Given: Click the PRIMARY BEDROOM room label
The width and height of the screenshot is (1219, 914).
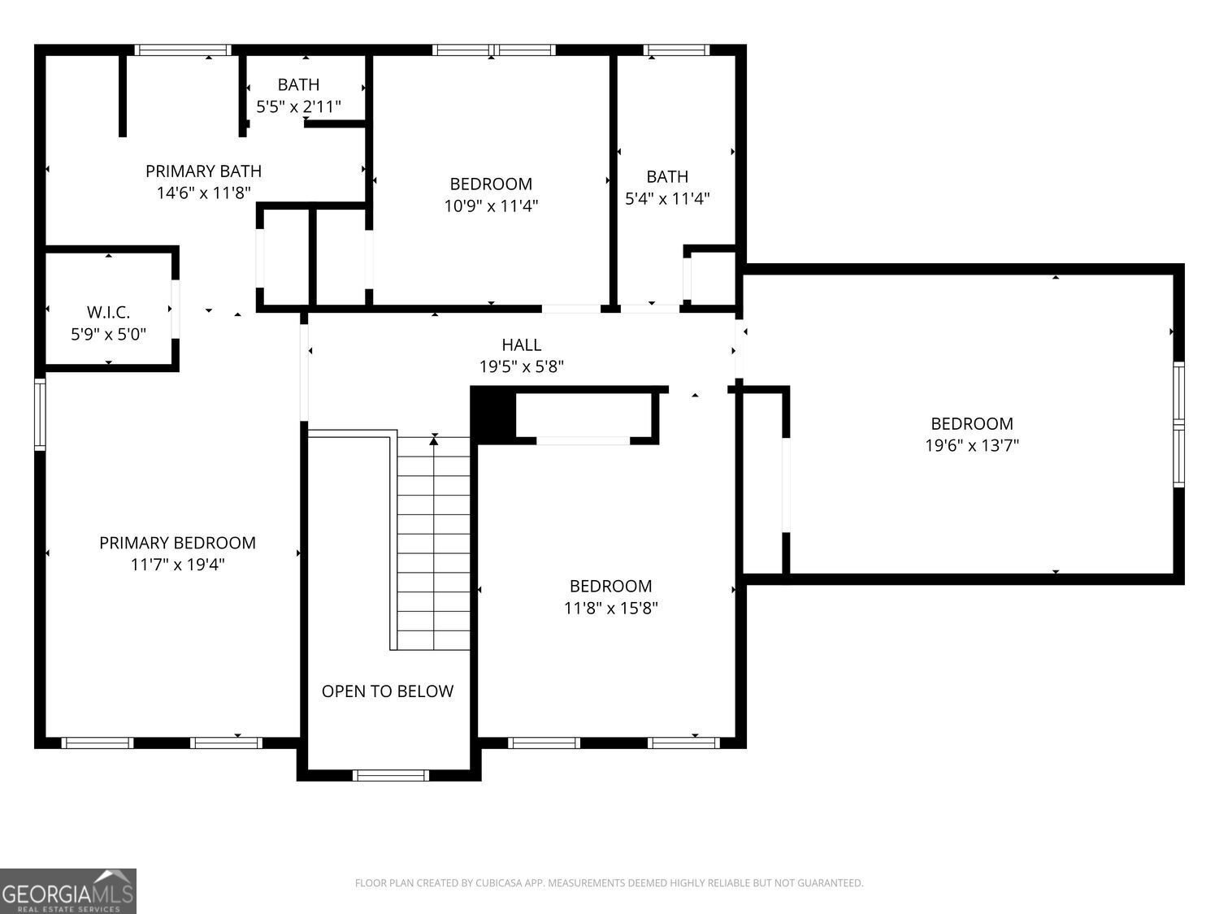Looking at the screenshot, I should coord(177,543).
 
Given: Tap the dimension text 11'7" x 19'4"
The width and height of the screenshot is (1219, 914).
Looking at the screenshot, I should coord(177,565).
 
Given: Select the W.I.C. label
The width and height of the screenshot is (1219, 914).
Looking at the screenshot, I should coord(108,312).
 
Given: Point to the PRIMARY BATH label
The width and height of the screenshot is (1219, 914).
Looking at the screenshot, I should coord(203,171).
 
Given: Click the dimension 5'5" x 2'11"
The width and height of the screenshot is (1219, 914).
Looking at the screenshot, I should coord(298,106).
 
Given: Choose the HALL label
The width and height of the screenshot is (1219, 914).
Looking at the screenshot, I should coord(521,344).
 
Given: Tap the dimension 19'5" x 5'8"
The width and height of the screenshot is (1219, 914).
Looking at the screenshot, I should coord(521,366).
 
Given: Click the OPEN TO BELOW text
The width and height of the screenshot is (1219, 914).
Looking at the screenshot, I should coord(387,691).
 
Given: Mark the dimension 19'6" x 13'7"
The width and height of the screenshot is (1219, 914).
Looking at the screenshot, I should coord(972,445).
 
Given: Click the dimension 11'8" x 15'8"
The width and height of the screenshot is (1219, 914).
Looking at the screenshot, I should coord(610,608).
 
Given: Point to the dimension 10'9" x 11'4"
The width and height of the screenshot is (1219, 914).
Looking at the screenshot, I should coord(491,206).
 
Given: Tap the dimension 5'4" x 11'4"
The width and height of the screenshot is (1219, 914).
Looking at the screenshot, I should coord(667,198).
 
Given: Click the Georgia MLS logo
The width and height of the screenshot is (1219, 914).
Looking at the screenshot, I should coord(67,891).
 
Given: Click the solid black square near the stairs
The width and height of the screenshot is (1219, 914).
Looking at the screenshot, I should coord(493,415).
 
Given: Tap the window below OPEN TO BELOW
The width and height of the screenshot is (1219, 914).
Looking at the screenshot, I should coord(391,775).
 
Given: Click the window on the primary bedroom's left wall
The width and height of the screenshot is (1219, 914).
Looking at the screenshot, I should coord(40,414).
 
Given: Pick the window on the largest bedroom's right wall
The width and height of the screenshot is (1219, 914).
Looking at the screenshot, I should coord(1178,424).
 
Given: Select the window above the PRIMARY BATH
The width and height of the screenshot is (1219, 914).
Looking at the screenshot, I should coord(183,50).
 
